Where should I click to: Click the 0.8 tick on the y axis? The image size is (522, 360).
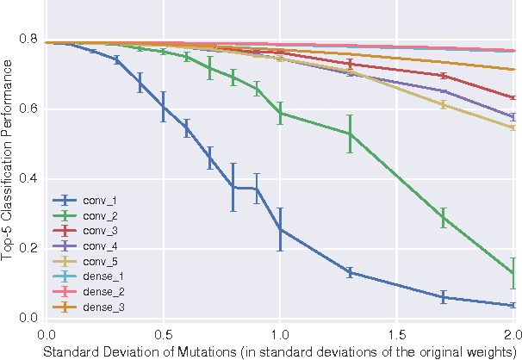(x=28, y=40)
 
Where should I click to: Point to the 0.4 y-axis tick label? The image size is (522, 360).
(x=28, y=179)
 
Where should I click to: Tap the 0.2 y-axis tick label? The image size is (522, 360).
(x=28, y=249)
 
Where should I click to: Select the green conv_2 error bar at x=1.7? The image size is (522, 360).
(x=444, y=217)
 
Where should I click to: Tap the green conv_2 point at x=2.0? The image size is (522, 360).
(x=513, y=274)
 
